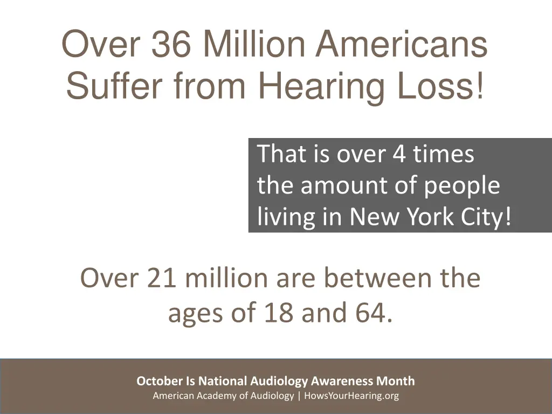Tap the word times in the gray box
[444, 155]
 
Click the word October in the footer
[160, 381]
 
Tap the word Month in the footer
[396, 381]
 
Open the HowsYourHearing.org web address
[351, 396]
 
